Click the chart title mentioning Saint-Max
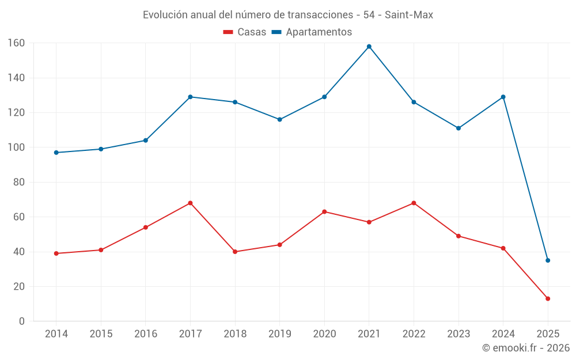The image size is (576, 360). [288, 15]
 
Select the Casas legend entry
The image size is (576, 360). [245, 32]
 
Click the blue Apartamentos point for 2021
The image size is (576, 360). [369, 47]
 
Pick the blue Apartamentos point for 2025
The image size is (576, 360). [548, 260]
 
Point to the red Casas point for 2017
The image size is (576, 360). [190, 203]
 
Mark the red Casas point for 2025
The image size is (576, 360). [548, 298]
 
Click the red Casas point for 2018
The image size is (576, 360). [235, 252]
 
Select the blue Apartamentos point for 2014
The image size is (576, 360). [56, 153]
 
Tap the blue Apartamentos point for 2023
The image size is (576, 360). [458, 128]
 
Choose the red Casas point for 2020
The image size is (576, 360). [324, 211]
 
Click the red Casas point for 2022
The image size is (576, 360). [414, 203]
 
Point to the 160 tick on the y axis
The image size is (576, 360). [16, 43]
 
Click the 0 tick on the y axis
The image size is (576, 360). [22, 321]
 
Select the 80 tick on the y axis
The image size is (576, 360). [18, 182]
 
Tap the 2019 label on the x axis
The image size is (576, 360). [279, 334]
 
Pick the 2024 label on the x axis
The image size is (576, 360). [503, 334]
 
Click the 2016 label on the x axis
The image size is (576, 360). [146, 334]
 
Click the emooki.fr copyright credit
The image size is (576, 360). [525, 348]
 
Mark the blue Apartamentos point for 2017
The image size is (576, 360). [190, 97]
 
